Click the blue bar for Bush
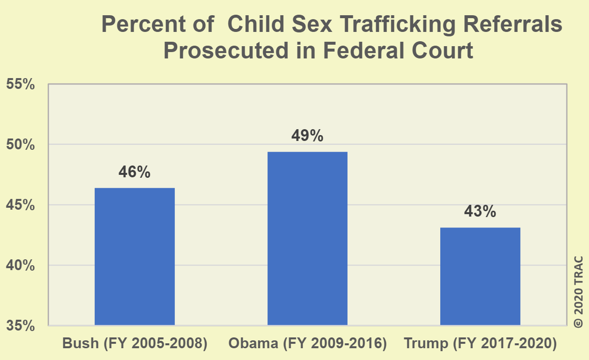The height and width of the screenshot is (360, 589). tap(134, 256)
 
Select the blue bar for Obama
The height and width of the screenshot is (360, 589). tap(307, 238)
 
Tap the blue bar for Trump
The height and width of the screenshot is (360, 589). tap(480, 276)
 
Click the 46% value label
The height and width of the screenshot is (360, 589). tap(134, 173)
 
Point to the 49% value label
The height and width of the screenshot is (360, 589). tap(307, 136)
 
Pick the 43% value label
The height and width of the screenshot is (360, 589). tap(480, 212)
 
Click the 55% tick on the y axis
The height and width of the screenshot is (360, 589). tap(21, 84)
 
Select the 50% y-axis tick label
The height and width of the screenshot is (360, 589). tap(21, 145)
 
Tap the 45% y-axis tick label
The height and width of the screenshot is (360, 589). tap(21, 205)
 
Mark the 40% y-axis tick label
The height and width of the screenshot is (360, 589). tap(21, 266)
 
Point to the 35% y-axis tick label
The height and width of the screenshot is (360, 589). tap(21, 326)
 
